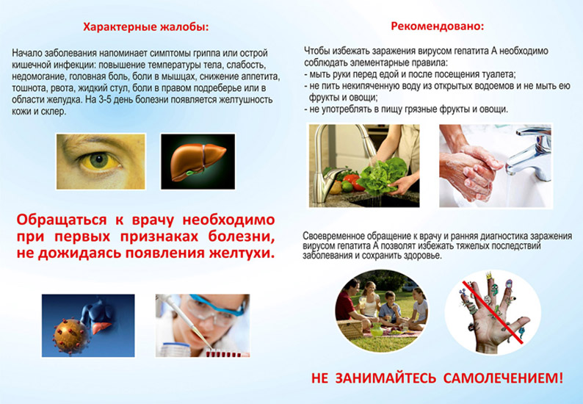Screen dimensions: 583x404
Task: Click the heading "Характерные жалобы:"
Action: click(x=145, y=27)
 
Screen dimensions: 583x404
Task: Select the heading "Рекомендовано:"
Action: click(x=438, y=26)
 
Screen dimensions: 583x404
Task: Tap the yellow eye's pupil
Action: click(x=99, y=160)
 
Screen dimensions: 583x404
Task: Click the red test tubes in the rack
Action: click(x=224, y=353)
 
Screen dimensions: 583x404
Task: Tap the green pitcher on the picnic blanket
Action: click(x=376, y=329)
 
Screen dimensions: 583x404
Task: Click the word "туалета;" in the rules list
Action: click(x=499, y=74)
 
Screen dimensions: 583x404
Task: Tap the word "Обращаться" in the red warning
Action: click(x=62, y=220)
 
